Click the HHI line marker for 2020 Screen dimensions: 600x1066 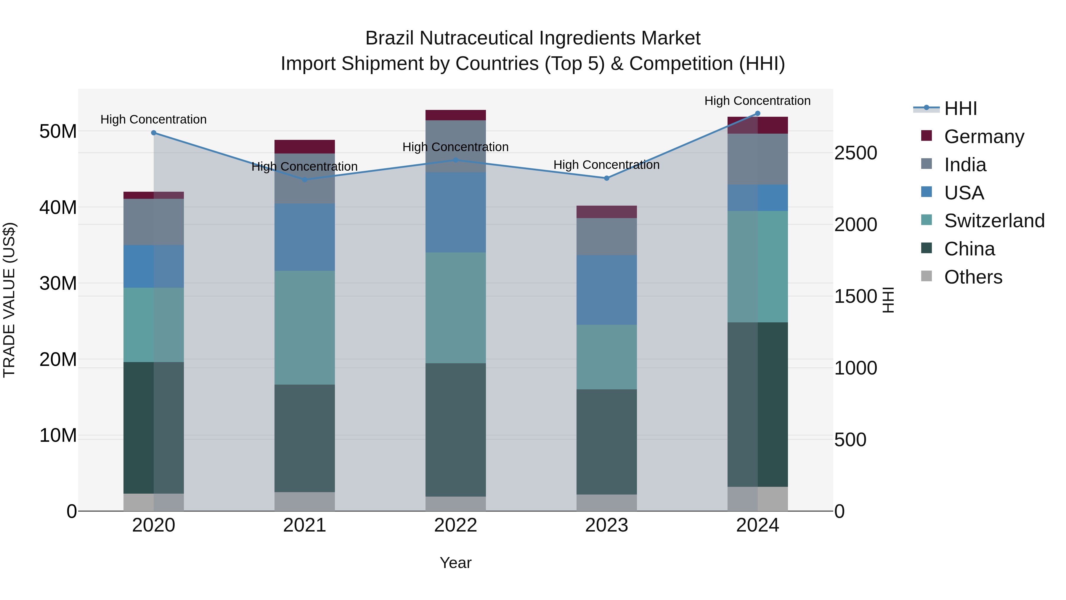153,133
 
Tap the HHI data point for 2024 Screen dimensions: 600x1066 758,113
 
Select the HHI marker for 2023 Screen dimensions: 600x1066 607,178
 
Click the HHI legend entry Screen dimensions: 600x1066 960,108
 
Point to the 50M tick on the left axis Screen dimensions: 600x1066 58,132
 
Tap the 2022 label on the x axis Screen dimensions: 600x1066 456,525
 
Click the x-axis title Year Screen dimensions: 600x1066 456,563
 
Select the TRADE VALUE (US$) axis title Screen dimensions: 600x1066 9,300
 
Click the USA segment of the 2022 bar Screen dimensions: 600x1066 456,212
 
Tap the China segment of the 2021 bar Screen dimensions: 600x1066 305,438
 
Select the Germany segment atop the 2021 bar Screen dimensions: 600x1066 305,147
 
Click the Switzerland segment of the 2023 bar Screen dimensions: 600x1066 607,357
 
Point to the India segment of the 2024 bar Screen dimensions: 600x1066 758,159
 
